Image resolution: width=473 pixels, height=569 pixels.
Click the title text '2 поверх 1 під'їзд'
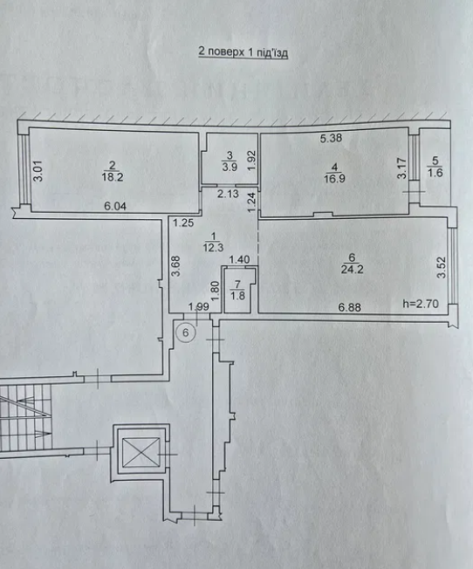(243, 53)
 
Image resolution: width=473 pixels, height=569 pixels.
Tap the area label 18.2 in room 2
(111, 175)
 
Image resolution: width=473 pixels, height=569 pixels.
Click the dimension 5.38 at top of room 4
(330, 138)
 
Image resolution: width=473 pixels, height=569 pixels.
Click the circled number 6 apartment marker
(186, 332)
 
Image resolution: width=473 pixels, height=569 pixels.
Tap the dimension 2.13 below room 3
(229, 195)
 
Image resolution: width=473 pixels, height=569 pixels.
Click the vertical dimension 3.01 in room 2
(38, 169)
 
